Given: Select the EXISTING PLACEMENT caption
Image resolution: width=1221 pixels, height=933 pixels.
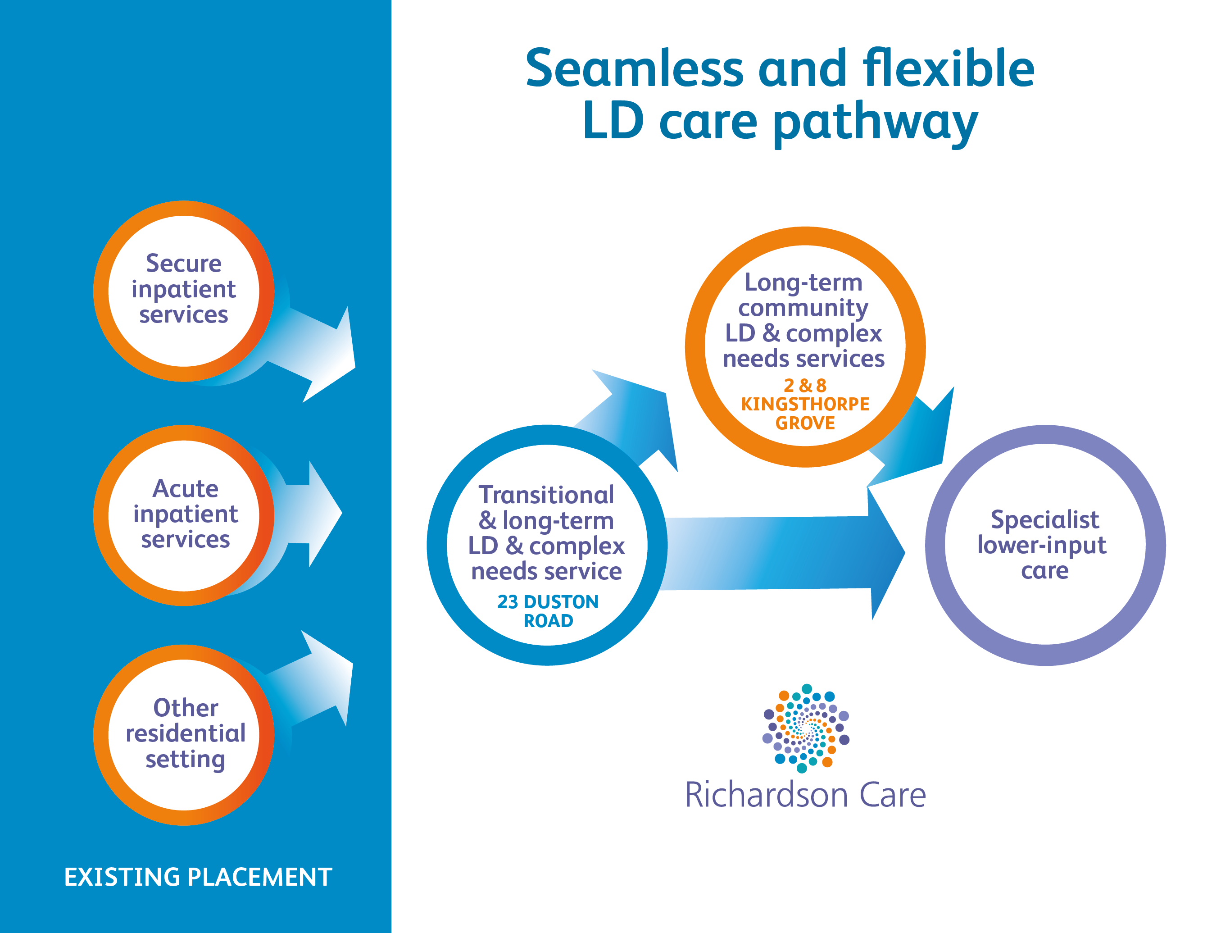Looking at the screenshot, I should pos(198,877).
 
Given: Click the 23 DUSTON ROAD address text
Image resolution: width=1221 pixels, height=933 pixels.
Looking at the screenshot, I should pos(548,611).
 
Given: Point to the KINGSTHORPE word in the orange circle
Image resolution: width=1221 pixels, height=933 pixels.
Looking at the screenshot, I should pos(805,404).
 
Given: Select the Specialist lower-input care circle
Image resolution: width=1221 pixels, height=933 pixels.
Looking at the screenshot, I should pos(1044,545).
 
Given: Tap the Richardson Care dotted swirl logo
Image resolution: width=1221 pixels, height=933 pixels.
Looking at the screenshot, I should pos(805,728).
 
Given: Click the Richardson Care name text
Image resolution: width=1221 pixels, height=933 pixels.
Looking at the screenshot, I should pos(805,795).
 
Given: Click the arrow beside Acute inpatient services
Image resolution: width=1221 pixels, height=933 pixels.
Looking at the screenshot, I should pos(314,514).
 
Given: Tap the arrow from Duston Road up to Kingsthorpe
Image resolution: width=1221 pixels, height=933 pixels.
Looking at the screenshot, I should pos(639,417).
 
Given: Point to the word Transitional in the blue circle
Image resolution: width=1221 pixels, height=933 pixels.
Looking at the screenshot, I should pos(546,495).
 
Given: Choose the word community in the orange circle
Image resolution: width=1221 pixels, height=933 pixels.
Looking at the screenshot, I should pos(803,308).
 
